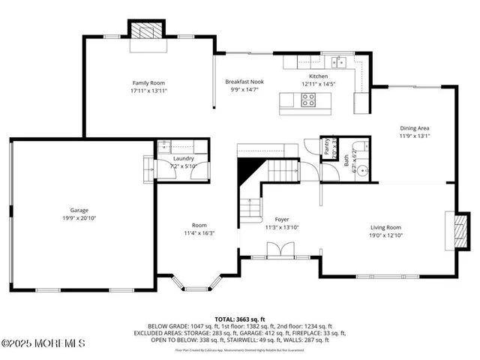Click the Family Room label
[x=148, y=83]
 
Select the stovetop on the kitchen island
[x=308, y=103]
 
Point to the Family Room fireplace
[x=148, y=31]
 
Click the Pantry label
[x=327, y=148]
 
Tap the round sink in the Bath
[x=362, y=170]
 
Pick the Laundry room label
[x=183, y=158]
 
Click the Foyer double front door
[x=277, y=251]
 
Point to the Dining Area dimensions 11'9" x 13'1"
[x=414, y=136]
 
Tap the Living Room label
[x=386, y=227]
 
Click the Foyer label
[x=271, y=219]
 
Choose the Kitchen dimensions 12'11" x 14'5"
[x=319, y=84]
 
